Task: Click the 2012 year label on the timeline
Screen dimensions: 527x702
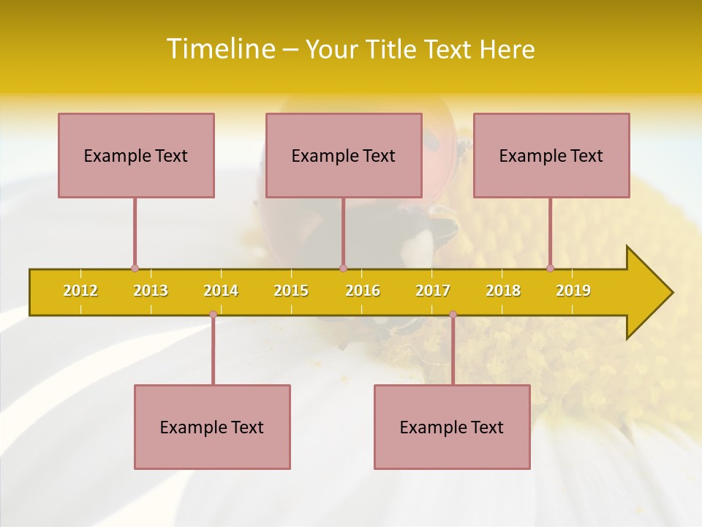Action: pyautogui.click(x=80, y=291)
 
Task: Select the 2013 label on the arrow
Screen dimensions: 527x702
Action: pyautogui.click(x=151, y=291)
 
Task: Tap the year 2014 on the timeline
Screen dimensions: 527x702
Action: pyautogui.click(x=221, y=291)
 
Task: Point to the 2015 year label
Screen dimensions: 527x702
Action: pyautogui.click(x=291, y=291)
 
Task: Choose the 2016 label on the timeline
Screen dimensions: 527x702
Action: pyautogui.click(x=363, y=291)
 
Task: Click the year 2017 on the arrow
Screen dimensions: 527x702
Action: pyautogui.click(x=433, y=291)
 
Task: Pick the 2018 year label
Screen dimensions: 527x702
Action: pyautogui.click(x=503, y=291)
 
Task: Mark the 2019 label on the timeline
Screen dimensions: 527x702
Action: pyautogui.click(x=573, y=291)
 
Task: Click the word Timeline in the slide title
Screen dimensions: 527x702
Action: pyautogui.click(x=220, y=49)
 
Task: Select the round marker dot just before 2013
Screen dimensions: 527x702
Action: pyautogui.click(x=135, y=268)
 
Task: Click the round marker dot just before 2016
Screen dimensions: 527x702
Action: pyautogui.click(x=343, y=268)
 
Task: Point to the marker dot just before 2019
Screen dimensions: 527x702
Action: pyautogui.click(x=550, y=268)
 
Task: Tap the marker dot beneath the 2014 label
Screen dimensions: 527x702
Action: pyautogui.click(x=213, y=315)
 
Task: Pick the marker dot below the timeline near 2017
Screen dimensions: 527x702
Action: pyautogui.click(x=453, y=315)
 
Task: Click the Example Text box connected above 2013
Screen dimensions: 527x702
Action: pyautogui.click(x=136, y=155)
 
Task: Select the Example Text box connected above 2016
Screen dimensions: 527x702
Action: pyautogui.click(x=344, y=155)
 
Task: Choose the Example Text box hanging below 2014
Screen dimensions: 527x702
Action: pyautogui.click(x=212, y=427)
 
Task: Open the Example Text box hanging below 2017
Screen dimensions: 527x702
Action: pyautogui.click(x=452, y=427)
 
